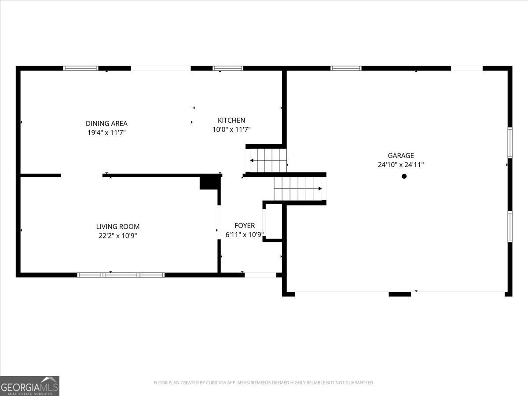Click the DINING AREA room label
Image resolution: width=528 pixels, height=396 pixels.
(106, 123)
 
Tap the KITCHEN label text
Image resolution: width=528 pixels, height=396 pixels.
(231, 120)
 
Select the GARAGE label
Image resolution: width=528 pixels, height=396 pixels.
(401, 156)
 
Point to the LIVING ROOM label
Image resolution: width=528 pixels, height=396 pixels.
(118, 227)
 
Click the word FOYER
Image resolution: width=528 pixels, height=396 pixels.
(245, 226)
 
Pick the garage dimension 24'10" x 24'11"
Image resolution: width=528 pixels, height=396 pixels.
(401, 165)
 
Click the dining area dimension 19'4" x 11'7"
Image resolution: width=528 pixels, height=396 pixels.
(106, 132)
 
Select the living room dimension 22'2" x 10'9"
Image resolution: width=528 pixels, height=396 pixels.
(118, 236)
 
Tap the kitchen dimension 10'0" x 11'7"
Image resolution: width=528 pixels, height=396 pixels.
(231, 129)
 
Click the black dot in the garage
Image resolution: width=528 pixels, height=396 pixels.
(404, 176)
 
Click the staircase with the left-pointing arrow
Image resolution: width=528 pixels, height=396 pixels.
(268, 160)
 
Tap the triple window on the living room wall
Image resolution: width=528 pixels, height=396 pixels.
(121, 275)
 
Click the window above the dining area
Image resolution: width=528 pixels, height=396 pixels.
(81, 68)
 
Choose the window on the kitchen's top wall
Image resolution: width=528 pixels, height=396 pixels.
(228, 68)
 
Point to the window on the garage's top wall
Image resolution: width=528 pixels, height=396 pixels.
(346, 68)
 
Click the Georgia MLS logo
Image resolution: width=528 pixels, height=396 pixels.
(29, 386)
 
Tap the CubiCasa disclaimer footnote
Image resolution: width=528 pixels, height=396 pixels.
(264, 382)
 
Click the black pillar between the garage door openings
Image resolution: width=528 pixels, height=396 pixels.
(400, 294)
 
